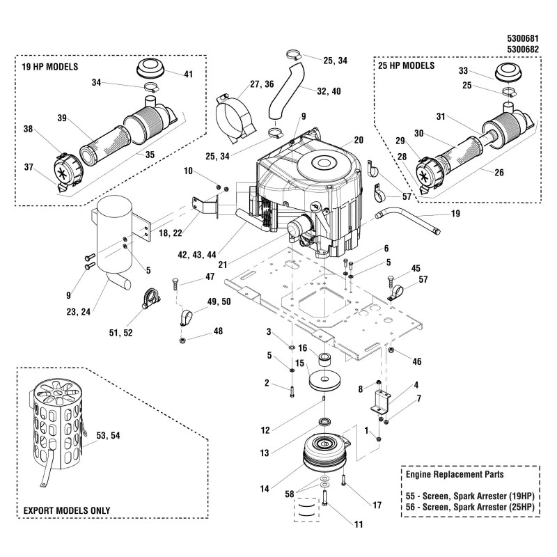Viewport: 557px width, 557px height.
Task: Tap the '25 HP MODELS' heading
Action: pyautogui.click(x=407, y=65)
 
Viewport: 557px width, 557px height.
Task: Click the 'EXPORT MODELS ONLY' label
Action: pyautogui.click(x=67, y=510)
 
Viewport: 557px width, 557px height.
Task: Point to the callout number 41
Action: pyautogui.click(x=189, y=73)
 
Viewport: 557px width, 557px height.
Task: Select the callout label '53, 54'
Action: pyautogui.click(x=108, y=435)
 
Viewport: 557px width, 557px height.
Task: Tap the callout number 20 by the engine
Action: pyautogui.click(x=359, y=139)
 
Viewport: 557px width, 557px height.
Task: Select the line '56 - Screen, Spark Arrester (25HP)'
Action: pyautogui.click(x=470, y=507)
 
